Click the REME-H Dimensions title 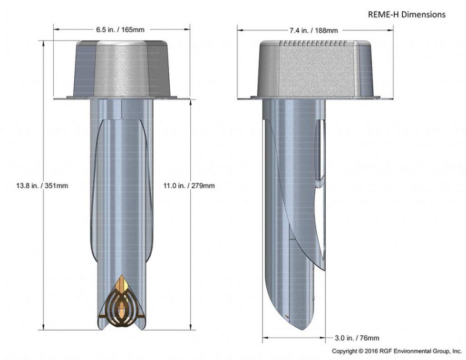click(x=407, y=15)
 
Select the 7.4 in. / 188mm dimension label click(x=313, y=30)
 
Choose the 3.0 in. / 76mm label click(x=356, y=338)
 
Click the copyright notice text click(x=397, y=351)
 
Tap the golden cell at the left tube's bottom click(x=123, y=304)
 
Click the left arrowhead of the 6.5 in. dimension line click(x=56, y=29)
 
